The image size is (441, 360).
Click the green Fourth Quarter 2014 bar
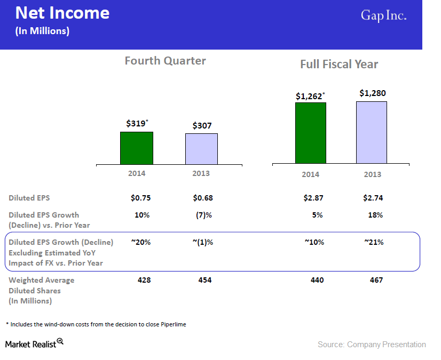pyautogui.click(x=137, y=148)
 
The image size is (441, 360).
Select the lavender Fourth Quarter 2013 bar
pyautogui.click(x=201, y=149)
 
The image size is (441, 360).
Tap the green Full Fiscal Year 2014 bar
pyautogui.click(x=310, y=133)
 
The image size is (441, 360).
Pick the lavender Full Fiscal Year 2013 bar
pyautogui.click(x=372, y=132)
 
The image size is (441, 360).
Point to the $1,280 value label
pyautogui.click(x=372, y=93)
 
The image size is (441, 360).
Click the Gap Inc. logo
pyautogui.click(x=383, y=16)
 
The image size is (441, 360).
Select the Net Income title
pyautogui.click(x=62, y=13)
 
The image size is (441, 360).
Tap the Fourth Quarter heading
pyautogui.click(x=165, y=61)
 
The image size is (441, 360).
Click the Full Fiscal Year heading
pyautogui.click(x=339, y=65)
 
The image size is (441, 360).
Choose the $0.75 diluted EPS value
pyautogui.click(x=141, y=198)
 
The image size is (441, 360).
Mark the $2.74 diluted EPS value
pyautogui.click(x=373, y=198)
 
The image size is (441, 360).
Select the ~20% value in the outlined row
pyautogui.click(x=141, y=242)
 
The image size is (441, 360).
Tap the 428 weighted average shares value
pyautogui.click(x=141, y=280)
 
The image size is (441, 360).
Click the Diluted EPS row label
pyautogui.click(x=29, y=198)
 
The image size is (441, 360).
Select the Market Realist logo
pyautogui.click(x=34, y=343)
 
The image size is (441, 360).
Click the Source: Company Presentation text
pyautogui.click(x=372, y=345)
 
